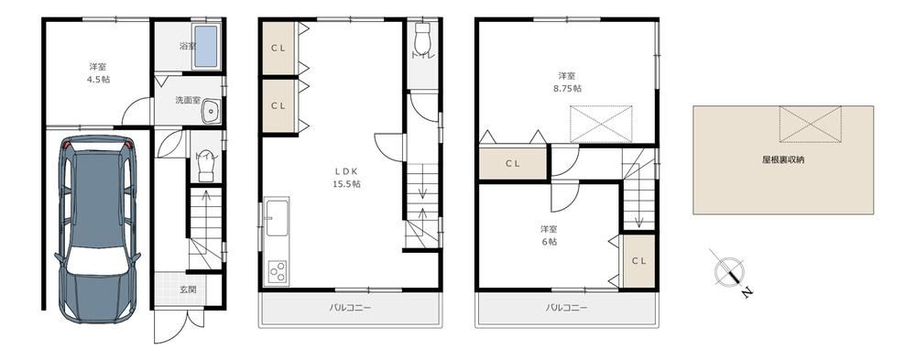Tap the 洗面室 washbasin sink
(212, 112)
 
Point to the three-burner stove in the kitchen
(277, 272)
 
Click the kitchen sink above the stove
(277, 218)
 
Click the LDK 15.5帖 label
(347, 177)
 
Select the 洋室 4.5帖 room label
(98, 73)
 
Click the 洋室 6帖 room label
(548, 235)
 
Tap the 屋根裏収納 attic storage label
(783, 159)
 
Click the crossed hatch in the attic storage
(811, 124)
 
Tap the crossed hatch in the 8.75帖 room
(601, 124)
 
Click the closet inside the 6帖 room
(638, 261)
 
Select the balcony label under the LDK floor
(350, 308)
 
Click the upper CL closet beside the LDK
(278, 49)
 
